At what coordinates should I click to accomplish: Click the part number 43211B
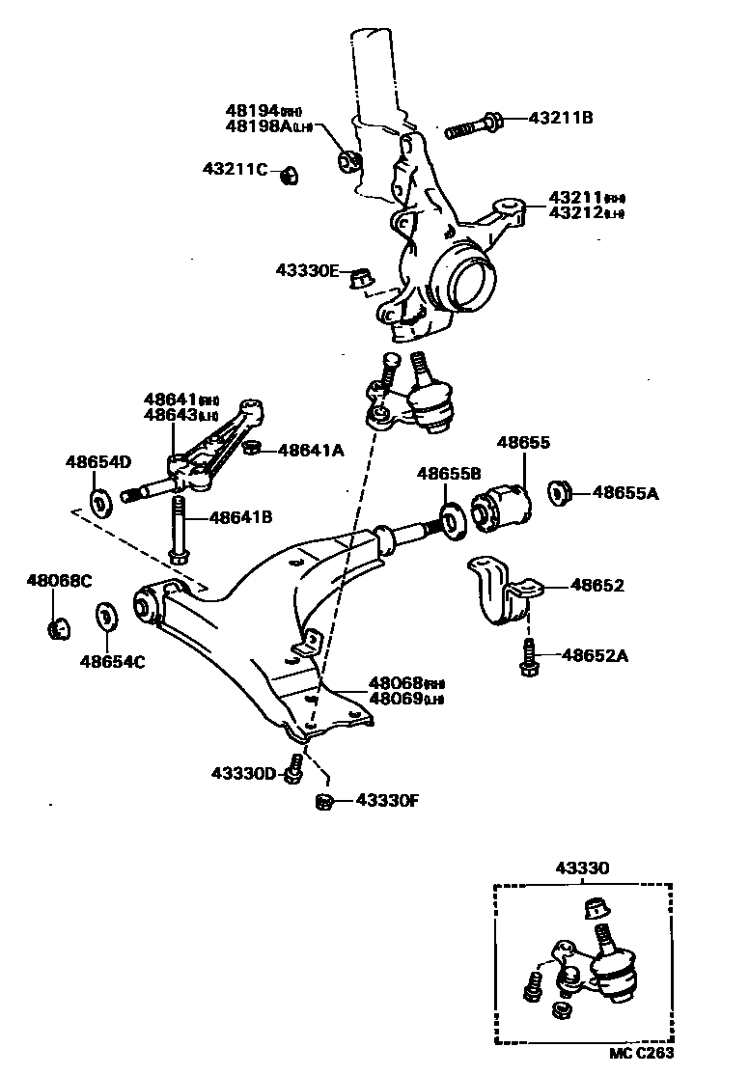click(560, 119)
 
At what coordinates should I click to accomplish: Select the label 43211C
click(235, 169)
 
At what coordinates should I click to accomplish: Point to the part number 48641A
click(311, 449)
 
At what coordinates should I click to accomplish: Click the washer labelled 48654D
click(100, 503)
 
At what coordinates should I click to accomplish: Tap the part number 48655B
click(449, 473)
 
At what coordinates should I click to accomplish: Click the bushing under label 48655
click(502, 503)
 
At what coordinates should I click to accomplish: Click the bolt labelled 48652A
click(528, 657)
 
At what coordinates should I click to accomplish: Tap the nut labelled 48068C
click(58, 628)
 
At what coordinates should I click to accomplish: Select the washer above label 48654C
click(104, 617)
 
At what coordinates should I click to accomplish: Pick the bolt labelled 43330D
click(296, 768)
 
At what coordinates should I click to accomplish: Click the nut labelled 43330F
click(325, 800)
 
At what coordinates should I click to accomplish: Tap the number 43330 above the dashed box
click(582, 868)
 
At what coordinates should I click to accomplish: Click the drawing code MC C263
click(641, 1054)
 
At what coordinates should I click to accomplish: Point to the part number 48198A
click(252, 127)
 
